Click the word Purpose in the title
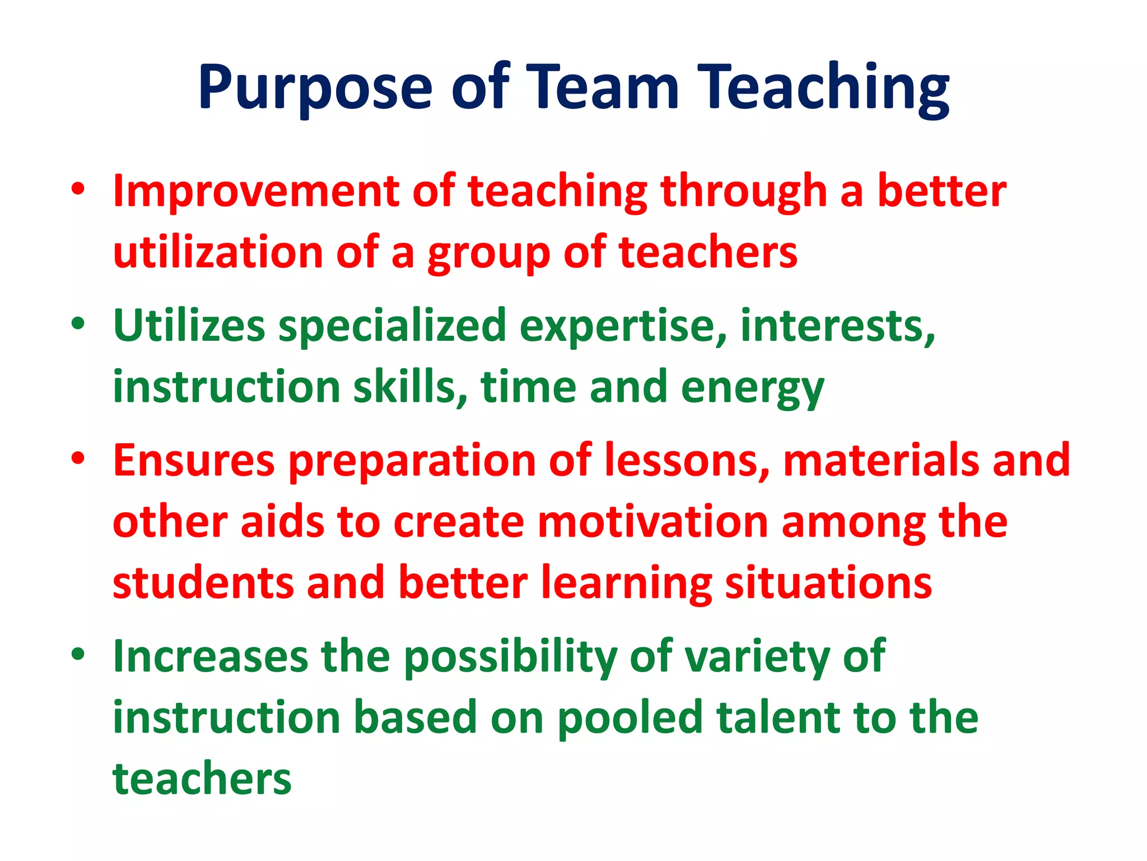click(x=315, y=88)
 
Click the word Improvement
click(x=255, y=192)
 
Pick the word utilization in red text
click(x=218, y=253)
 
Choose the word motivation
click(x=652, y=522)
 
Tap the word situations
click(x=828, y=583)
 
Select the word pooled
click(x=630, y=719)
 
